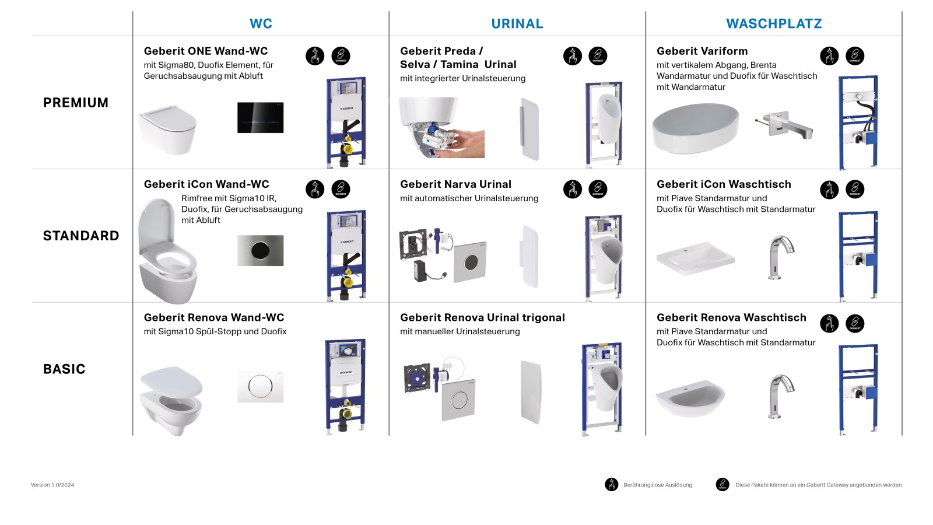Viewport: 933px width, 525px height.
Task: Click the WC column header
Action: (261, 24)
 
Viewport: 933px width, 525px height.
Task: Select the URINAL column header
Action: (517, 24)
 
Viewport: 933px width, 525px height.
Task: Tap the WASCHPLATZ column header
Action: (774, 24)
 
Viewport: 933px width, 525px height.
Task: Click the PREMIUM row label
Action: (76, 103)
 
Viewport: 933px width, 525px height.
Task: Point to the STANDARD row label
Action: (81, 236)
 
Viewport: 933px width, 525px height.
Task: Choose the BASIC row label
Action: (64, 369)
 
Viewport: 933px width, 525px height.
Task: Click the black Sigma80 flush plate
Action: (260, 117)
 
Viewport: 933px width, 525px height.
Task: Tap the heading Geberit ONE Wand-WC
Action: (206, 51)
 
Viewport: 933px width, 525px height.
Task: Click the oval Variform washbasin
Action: (695, 128)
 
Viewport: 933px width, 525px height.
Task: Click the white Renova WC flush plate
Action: (260, 386)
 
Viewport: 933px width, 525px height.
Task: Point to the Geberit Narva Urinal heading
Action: (455, 184)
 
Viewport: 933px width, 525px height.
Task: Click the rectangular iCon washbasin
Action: (695, 258)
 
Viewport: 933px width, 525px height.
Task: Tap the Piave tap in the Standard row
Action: (781, 257)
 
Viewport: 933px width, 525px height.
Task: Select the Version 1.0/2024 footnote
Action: (52, 485)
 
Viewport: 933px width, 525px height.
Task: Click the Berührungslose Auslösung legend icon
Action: (611, 485)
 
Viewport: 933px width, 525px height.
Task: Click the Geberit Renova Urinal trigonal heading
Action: (482, 318)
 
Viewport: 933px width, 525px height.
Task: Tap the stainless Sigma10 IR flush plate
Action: (260, 250)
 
